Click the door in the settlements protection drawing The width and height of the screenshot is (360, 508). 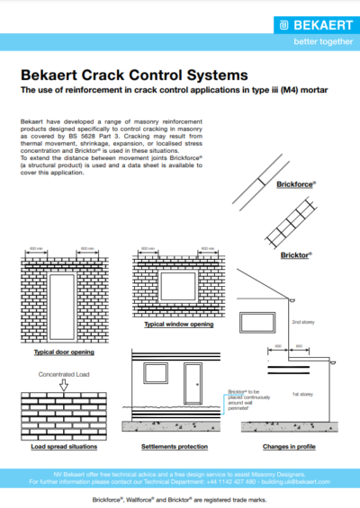191,386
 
